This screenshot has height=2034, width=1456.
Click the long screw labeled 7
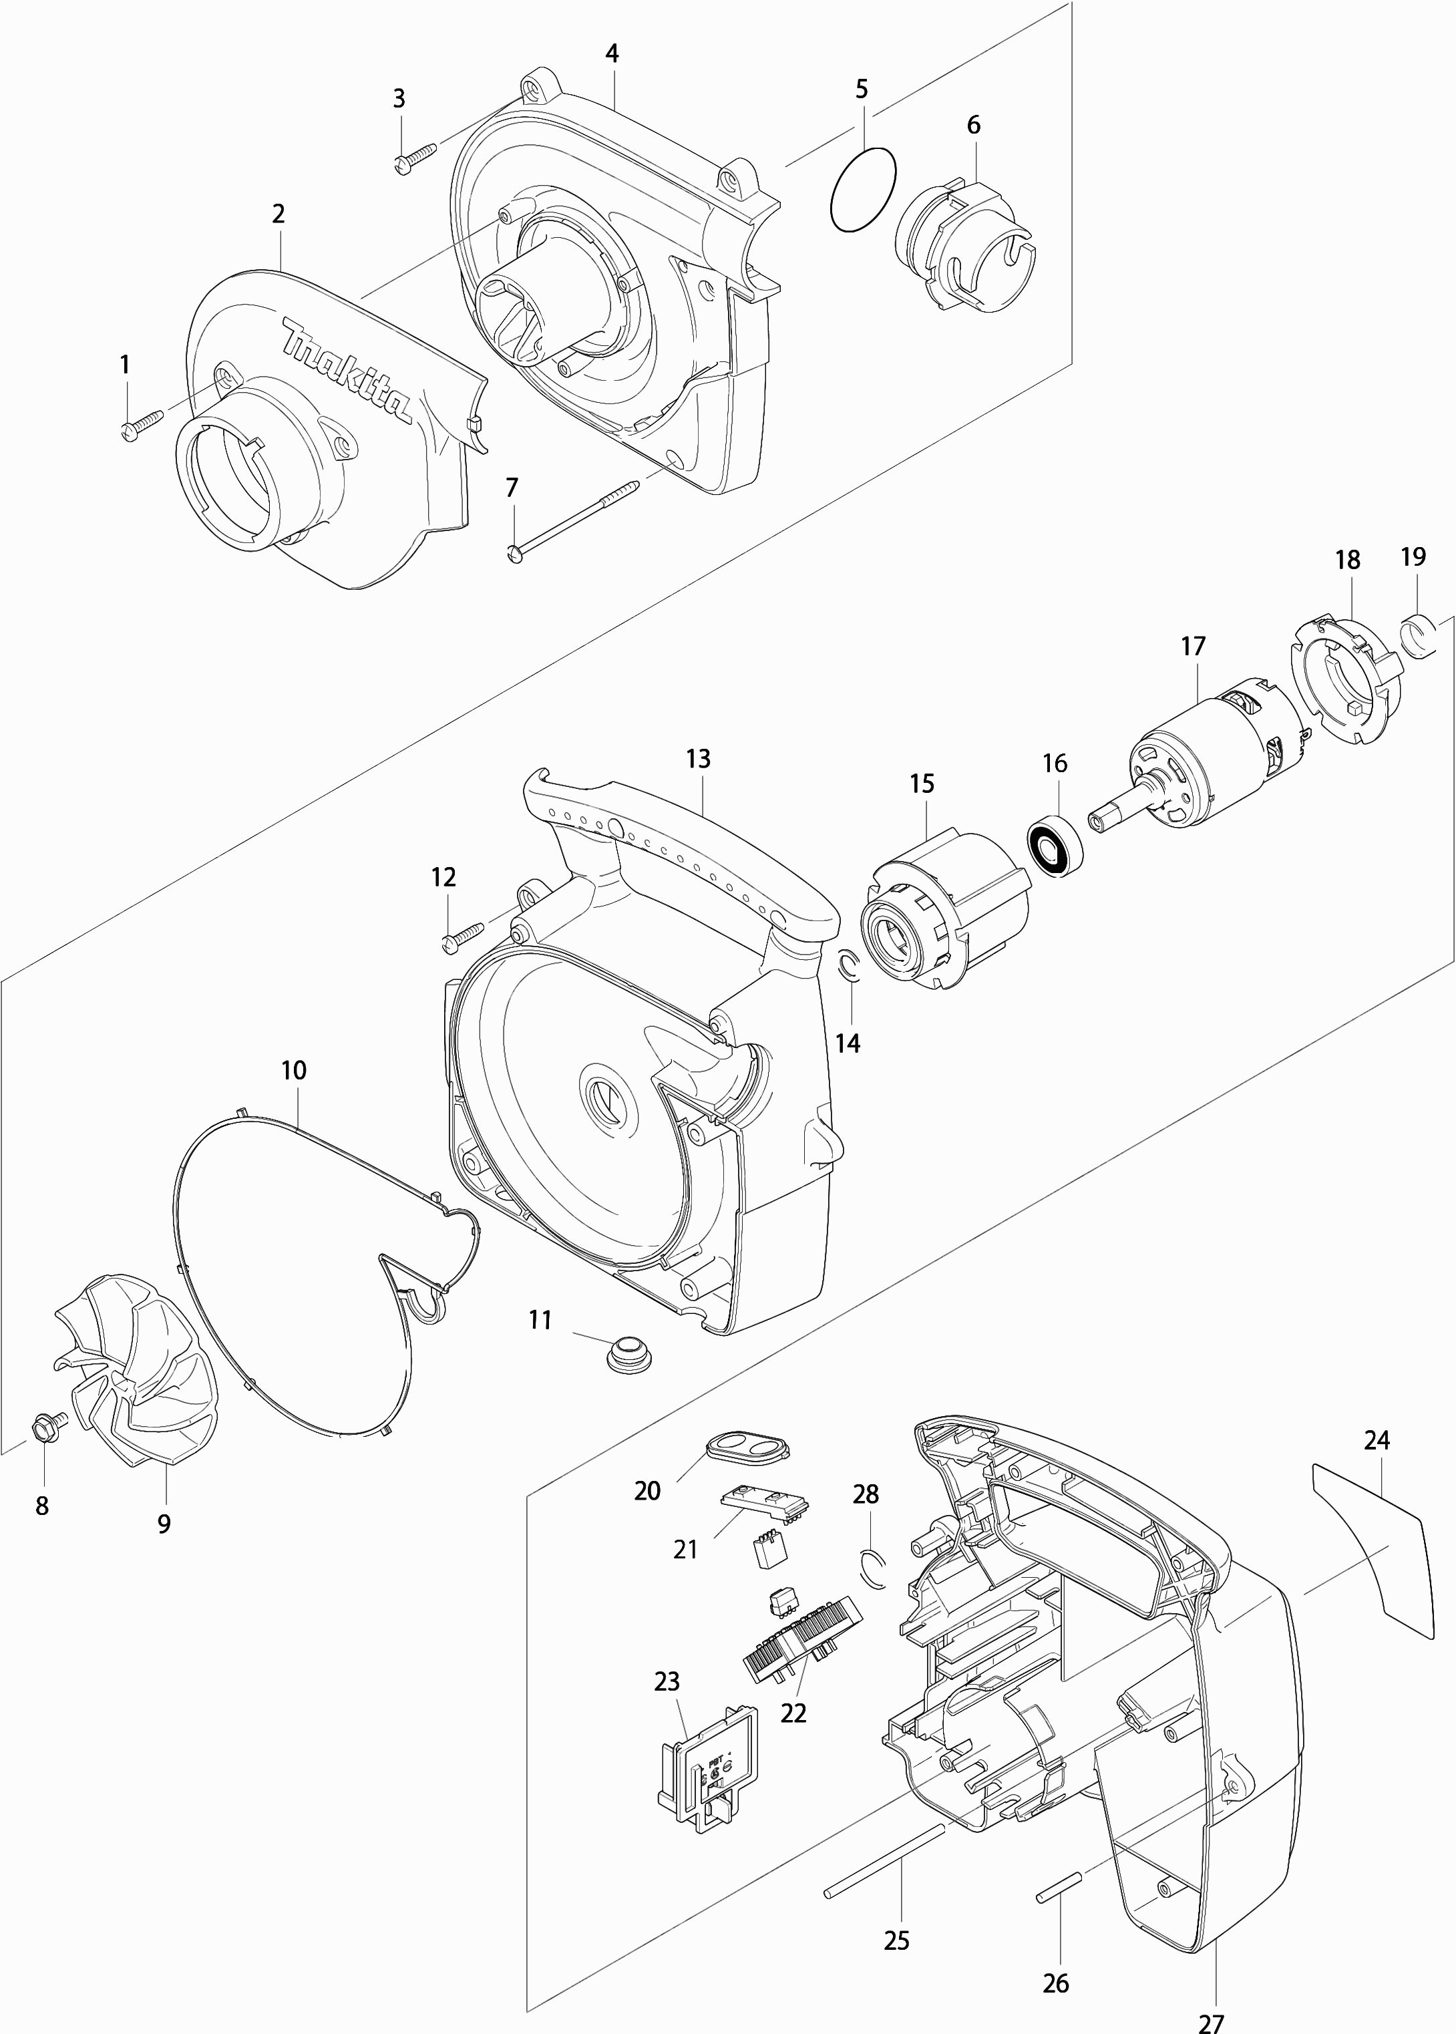pos(574,520)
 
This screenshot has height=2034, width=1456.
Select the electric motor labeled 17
pos(1202,757)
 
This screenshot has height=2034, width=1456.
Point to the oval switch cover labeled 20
pos(747,1445)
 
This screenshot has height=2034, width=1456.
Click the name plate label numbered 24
pos(1369,1541)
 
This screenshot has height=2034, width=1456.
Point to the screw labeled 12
pos(464,933)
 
